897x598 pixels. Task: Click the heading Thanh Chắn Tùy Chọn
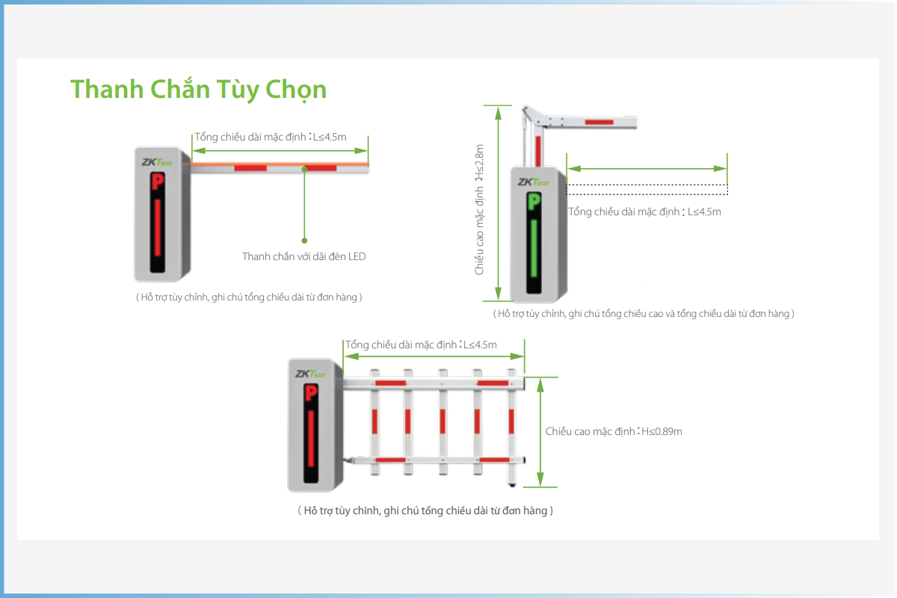198,89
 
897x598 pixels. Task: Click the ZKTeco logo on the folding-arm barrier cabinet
533,182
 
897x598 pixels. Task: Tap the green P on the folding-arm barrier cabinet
534,202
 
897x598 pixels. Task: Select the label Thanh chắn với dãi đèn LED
304,256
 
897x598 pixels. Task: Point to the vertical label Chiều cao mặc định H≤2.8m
479,209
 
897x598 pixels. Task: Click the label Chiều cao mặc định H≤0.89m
614,431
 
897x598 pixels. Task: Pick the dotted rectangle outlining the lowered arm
647,189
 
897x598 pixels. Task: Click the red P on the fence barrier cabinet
311,393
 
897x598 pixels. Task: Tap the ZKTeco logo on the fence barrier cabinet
310,374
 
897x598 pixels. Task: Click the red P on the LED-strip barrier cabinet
158,182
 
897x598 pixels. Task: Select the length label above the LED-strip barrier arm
271,137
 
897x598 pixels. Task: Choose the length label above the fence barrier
421,345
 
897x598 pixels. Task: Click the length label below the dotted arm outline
644,212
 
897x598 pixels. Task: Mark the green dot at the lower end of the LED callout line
304,241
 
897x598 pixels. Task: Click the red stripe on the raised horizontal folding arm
599,122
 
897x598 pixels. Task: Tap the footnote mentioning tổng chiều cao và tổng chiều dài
644,314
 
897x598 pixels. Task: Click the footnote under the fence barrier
425,511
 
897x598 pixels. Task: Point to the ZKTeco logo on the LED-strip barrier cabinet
156,162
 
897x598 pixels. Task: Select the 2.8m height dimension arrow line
498,203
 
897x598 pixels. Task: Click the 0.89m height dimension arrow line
540,432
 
